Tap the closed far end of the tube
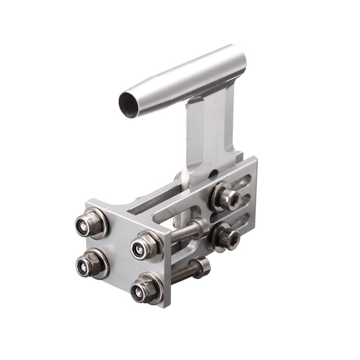[239, 59]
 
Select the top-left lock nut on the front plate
[91, 223]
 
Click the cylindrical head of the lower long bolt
[203, 265]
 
